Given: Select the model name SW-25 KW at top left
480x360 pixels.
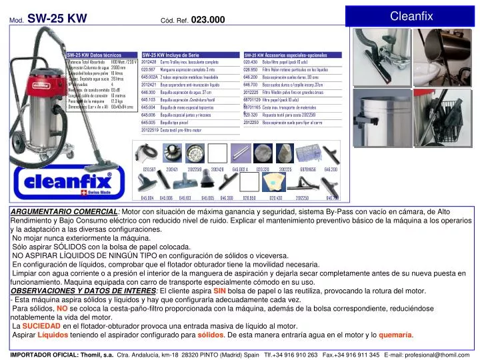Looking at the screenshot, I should point(57,19).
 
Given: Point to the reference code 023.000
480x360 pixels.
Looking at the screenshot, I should point(207,20).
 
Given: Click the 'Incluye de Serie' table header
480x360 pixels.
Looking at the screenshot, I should point(171,55).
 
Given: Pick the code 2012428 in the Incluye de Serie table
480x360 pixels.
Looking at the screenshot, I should point(149,62).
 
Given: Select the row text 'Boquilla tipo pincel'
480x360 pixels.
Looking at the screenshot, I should point(175,123).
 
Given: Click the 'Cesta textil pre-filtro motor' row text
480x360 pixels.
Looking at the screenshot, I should point(181,131).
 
